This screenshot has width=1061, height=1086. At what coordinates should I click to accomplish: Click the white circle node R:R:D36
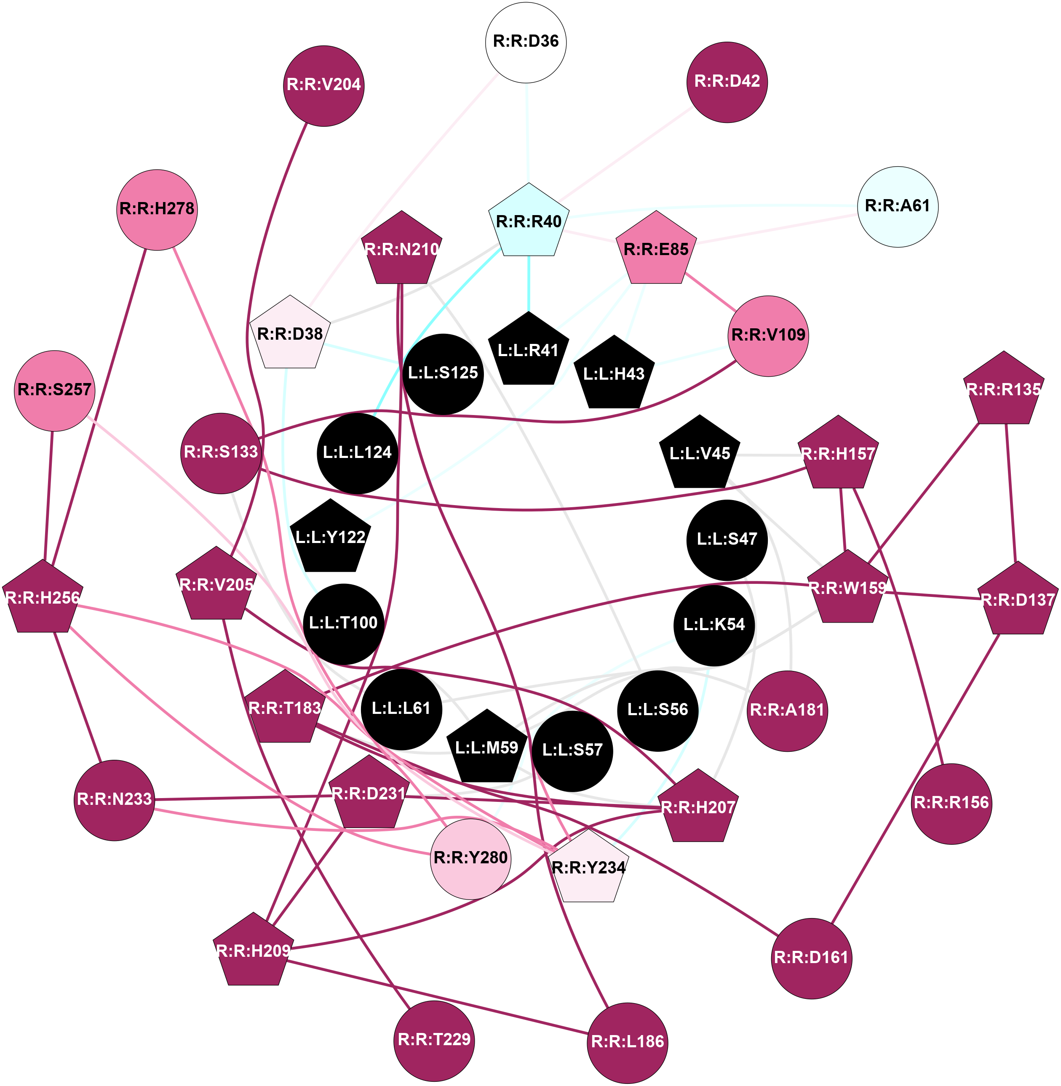526,43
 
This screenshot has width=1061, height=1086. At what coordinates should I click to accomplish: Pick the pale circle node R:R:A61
897,207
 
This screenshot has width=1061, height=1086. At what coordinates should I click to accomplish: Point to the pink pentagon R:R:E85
656,250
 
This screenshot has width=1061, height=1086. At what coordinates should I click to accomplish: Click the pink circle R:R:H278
157,210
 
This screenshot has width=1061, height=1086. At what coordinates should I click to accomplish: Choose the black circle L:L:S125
443,374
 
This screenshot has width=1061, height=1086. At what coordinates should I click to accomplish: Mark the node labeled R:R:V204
324,86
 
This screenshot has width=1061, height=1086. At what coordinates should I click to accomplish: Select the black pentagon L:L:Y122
331,538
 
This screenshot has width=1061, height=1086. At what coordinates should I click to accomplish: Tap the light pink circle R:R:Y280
471,858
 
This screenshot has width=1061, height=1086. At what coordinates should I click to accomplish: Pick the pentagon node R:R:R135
1004,390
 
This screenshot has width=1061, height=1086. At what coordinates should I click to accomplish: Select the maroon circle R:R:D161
811,958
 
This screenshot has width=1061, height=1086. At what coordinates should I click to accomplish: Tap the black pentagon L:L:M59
487,748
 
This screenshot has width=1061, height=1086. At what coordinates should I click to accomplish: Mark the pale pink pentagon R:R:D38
290,334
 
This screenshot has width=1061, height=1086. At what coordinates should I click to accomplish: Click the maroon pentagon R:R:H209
254,951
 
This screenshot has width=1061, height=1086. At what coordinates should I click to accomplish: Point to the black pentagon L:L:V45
700,454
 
